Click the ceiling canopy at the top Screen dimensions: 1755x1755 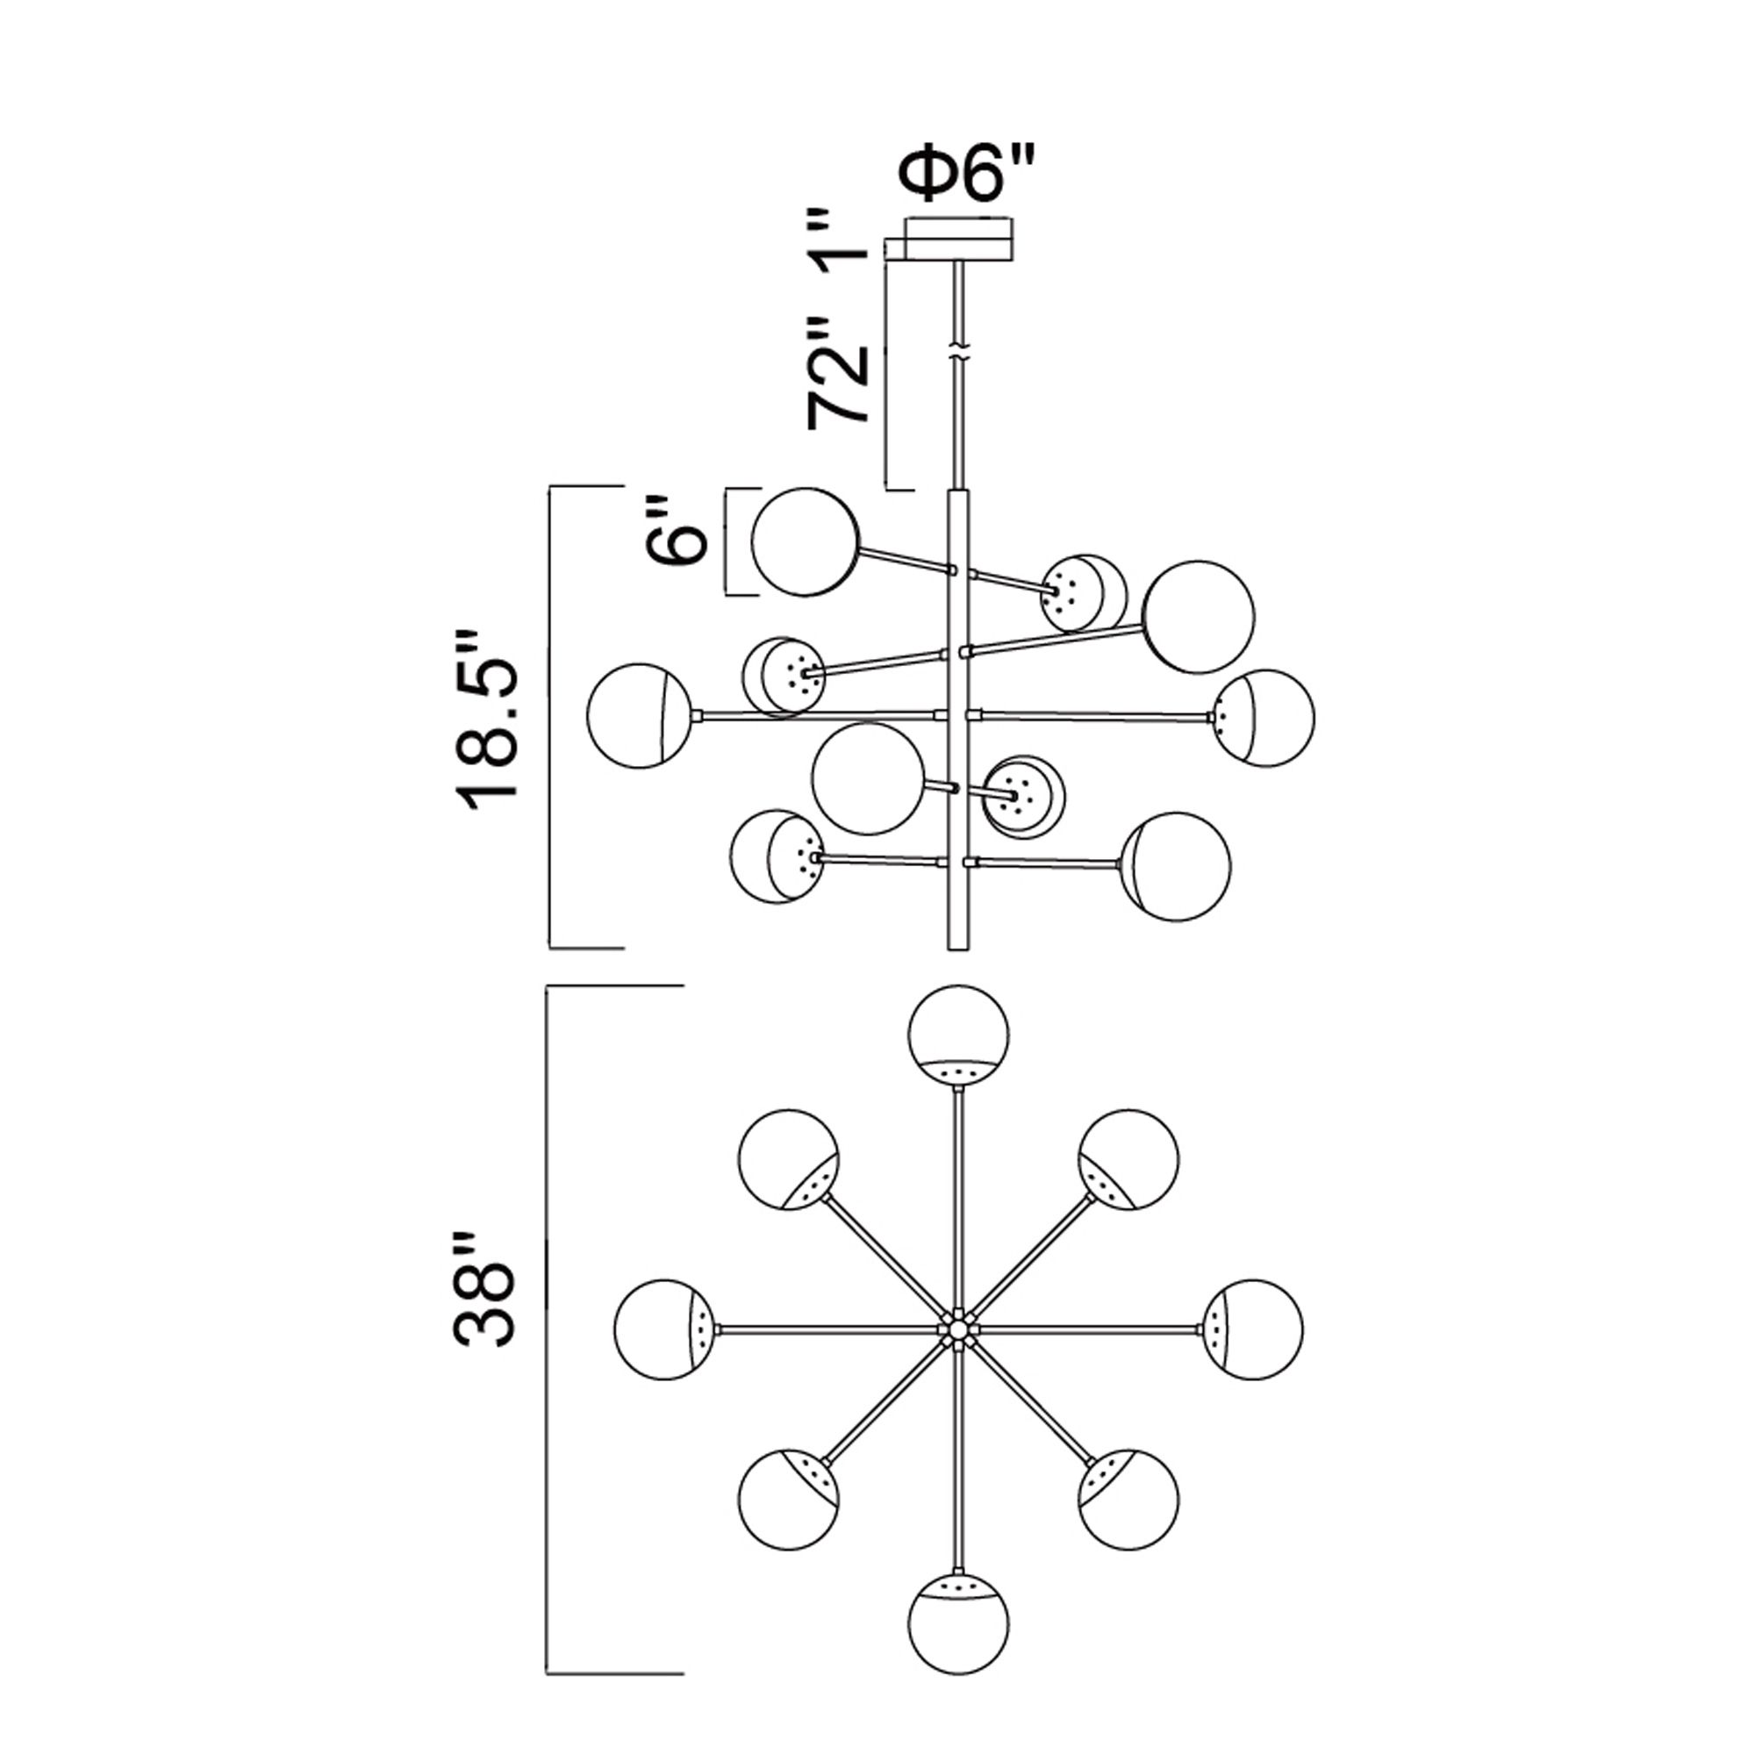click(959, 239)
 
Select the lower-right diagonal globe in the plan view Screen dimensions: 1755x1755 click(1129, 1498)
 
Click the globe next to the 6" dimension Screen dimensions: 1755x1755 click(805, 541)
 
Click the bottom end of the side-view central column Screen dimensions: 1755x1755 click(955, 945)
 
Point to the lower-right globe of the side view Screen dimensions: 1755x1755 click(1178, 866)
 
